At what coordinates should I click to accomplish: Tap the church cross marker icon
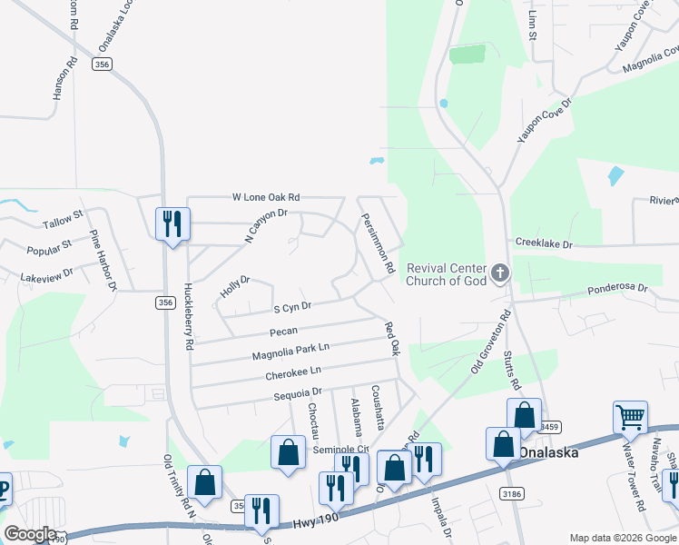pyautogui.click(x=499, y=272)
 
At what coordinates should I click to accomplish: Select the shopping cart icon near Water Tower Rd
pyautogui.click(x=630, y=418)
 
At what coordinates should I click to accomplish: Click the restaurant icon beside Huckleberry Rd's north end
pyautogui.click(x=172, y=223)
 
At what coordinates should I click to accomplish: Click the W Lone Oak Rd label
pyautogui.click(x=266, y=197)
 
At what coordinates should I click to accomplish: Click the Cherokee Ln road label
pyautogui.click(x=293, y=372)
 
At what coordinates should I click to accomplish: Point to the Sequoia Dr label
pyautogui.click(x=299, y=393)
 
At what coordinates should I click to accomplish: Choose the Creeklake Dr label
pyautogui.click(x=544, y=244)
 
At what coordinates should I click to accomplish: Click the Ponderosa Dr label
pyautogui.click(x=617, y=290)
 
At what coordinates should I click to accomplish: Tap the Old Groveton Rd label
pyautogui.click(x=491, y=342)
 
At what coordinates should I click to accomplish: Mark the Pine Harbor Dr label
pyautogui.click(x=103, y=260)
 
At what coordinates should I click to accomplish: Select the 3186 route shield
pyautogui.click(x=510, y=492)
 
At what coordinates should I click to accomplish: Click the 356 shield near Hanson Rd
pyautogui.click(x=102, y=64)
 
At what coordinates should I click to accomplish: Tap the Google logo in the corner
pyautogui.click(x=30, y=534)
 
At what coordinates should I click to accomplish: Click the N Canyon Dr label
pyautogui.click(x=265, y=225)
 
